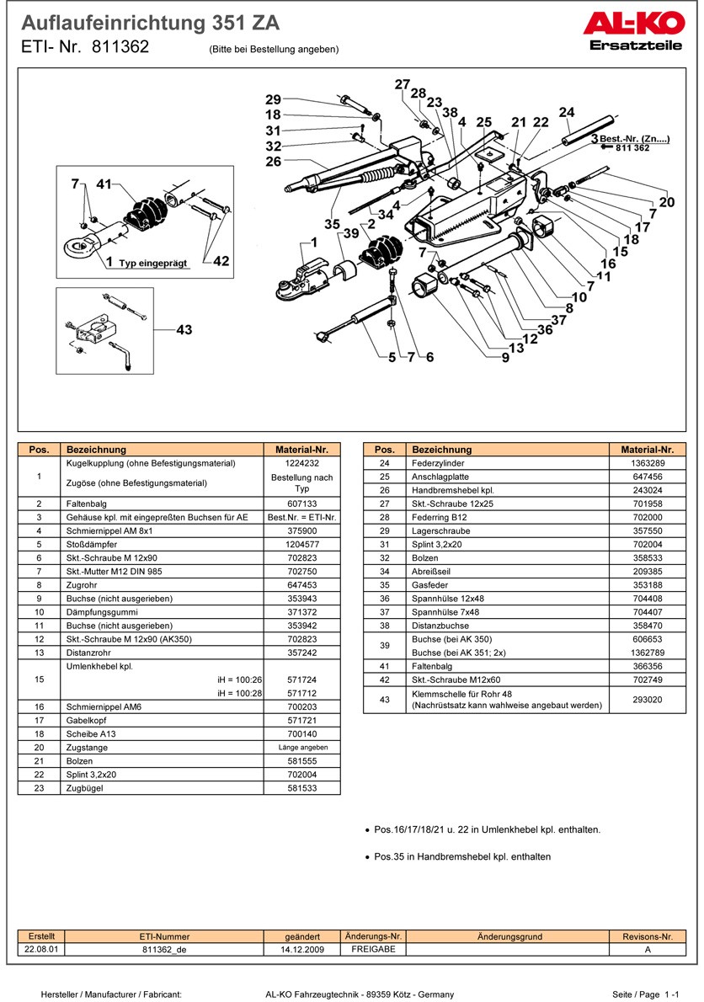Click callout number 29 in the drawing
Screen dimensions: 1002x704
273,99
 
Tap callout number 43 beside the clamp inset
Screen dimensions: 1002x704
184,330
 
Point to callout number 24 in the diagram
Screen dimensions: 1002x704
566,112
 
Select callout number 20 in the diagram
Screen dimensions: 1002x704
666,202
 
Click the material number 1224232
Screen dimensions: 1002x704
302,463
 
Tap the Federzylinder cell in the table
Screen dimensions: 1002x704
438,463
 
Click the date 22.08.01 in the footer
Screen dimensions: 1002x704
42,948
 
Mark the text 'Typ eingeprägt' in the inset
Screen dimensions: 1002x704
153,264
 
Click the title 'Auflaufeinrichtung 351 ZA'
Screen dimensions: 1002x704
151,23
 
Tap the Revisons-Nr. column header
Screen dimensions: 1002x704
648,936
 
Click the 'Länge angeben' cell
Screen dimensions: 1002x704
302,747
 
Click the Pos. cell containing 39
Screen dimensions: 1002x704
384,646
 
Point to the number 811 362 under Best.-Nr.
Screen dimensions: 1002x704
632,147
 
